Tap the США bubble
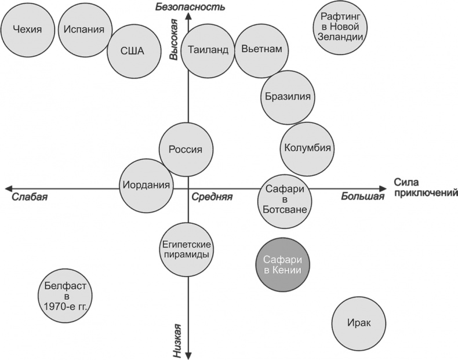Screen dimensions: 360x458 132,50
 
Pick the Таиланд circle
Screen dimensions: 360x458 208,49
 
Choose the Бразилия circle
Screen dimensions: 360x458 287,97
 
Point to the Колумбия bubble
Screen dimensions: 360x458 307,148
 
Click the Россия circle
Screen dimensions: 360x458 185,149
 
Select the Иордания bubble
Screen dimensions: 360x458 147,186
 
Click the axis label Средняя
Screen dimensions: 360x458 212,197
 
